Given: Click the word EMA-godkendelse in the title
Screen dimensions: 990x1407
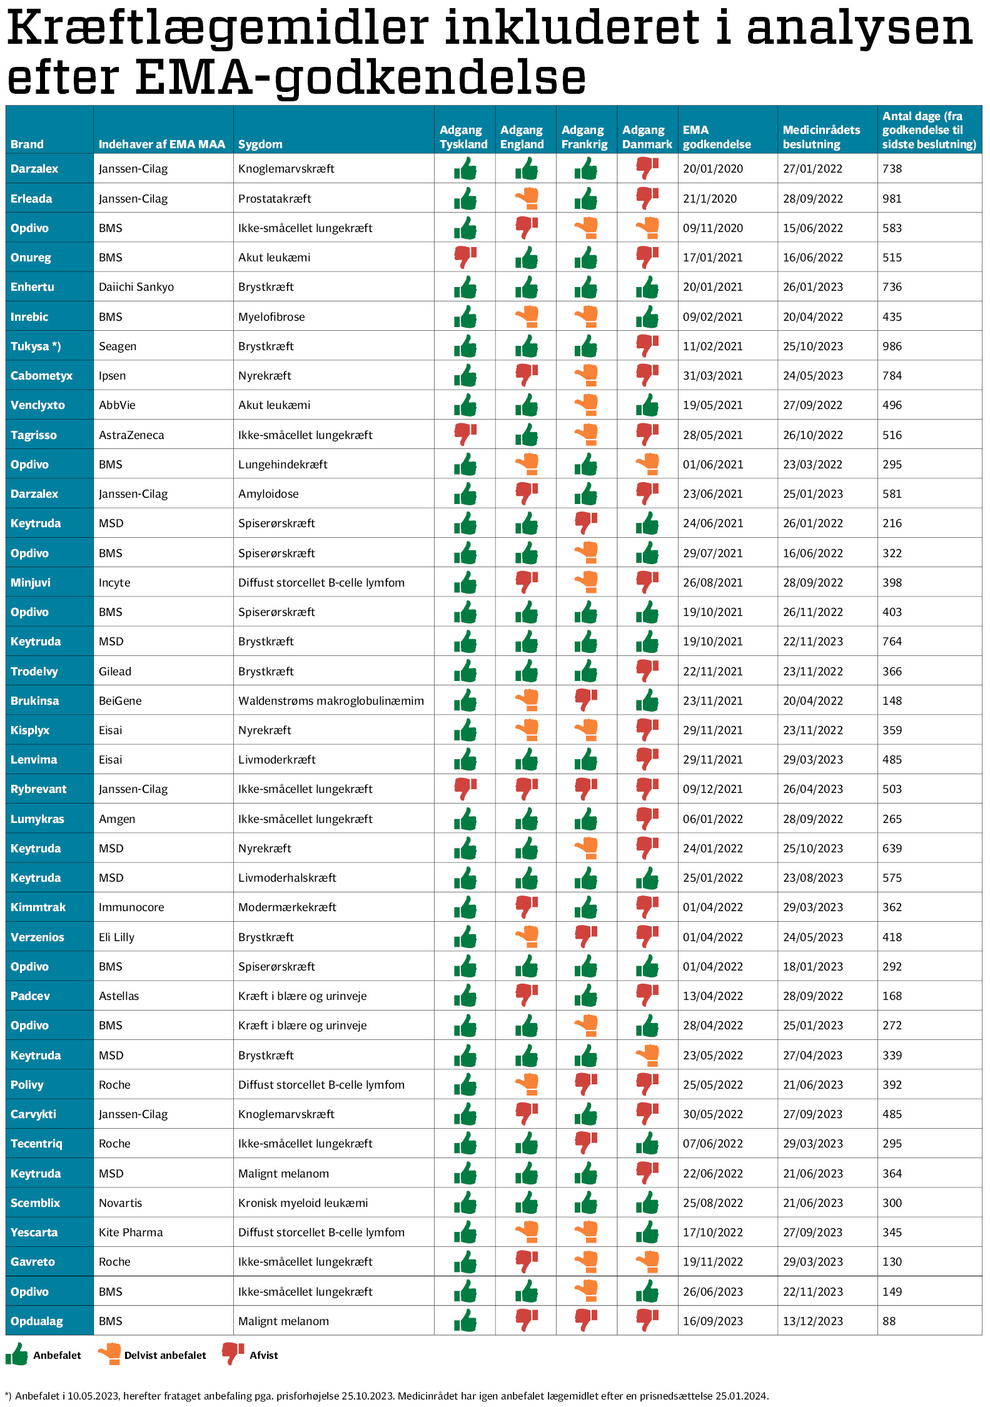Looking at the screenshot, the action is click(x=361, y=78).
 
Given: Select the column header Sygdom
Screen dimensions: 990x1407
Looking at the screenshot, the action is click(x=260, y=144).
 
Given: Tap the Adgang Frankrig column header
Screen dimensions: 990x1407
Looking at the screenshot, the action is click(x=584, y=137).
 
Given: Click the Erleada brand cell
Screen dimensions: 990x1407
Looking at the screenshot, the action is click(x=31, y=199).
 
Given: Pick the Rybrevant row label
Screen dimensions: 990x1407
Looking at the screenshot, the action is click(x=38, y=789).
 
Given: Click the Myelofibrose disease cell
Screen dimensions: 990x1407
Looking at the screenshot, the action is click(x=271, y=317).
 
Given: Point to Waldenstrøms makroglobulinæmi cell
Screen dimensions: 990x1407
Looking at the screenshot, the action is click(x=331, y=701).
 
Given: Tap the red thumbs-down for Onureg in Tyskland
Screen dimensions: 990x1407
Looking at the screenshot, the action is click(x=465, y=257).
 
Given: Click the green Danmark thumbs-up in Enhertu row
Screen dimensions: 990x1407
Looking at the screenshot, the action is click(x=647, y=287).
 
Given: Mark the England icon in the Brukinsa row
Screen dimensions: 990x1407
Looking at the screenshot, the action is click(x=527, y=700).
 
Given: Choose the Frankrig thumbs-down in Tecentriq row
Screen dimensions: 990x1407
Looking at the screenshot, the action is click(x=586, y=1143).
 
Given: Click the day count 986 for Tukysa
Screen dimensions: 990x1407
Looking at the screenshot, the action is click(x=892, y=346).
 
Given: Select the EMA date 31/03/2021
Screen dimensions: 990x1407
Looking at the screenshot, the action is click(x=713, y=376).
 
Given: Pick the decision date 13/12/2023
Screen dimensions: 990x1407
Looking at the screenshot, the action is click(x=813, y=1321).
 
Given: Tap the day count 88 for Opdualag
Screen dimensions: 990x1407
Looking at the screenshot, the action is click(x=889, y=1321).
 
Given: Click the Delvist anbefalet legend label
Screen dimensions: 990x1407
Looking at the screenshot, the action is click(x=165, y=1355).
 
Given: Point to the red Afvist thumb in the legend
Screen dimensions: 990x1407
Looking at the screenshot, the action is click(x=233, y=1354).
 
